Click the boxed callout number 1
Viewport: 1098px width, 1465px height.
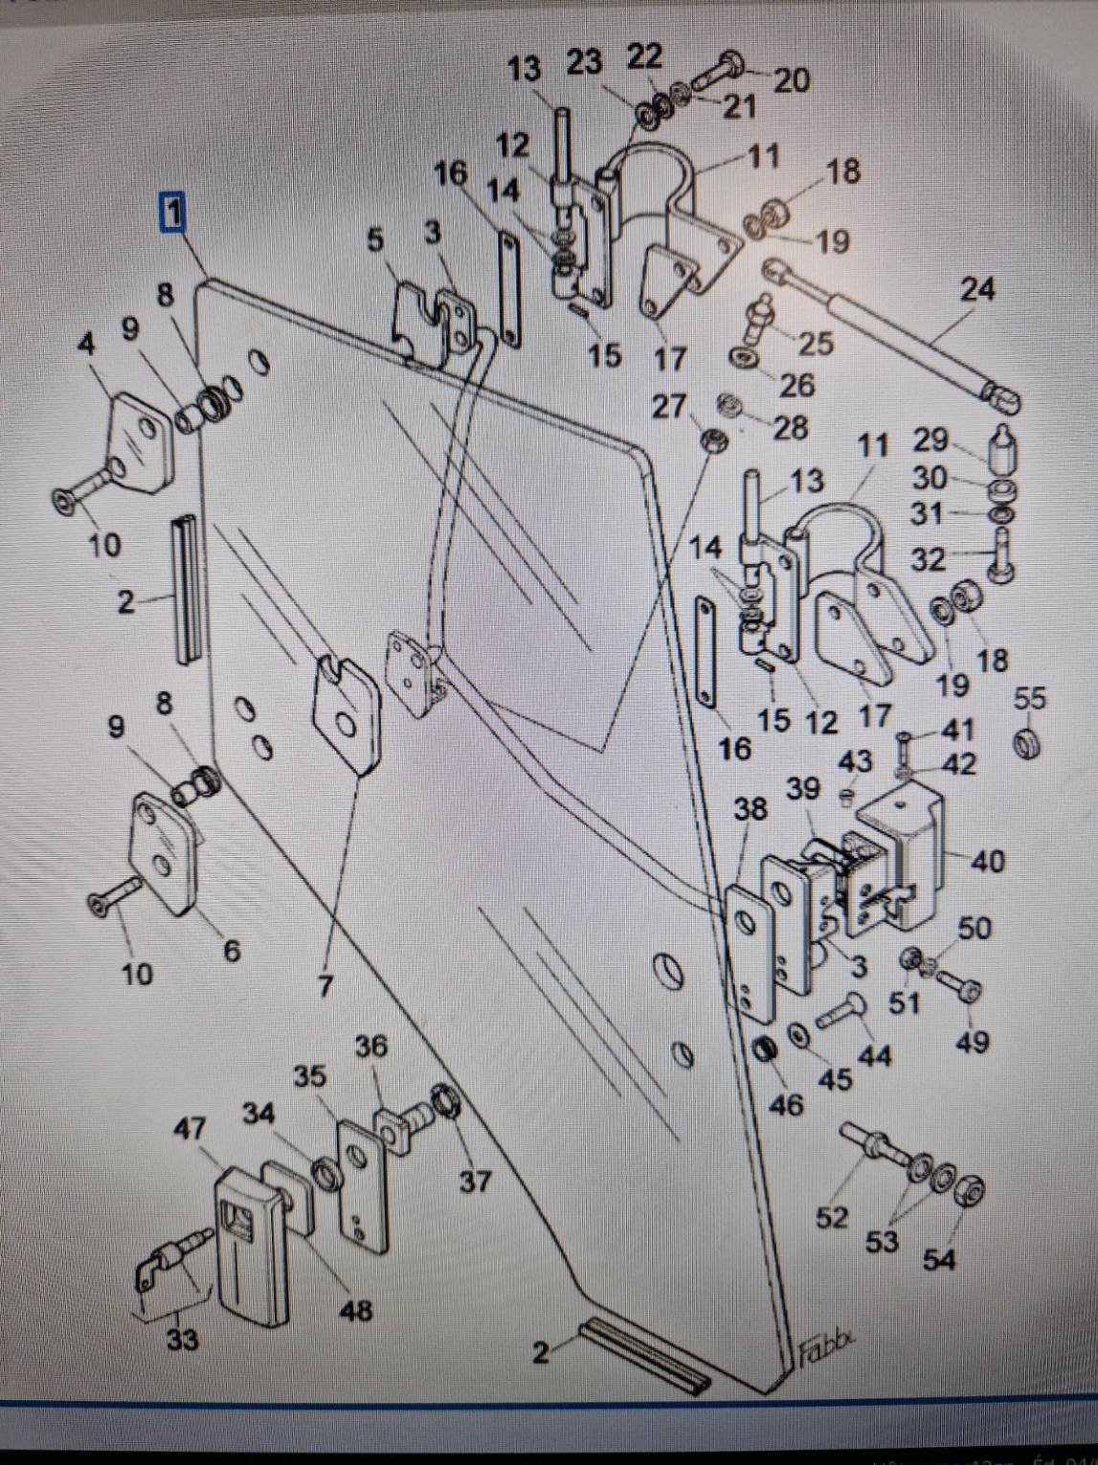click(x=172, y=213)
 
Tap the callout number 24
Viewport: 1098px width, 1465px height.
click(x=976, y=288)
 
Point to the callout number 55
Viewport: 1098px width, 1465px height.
click(x=1030, y=698)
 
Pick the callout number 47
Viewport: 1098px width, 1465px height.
click(x=189, y=1129)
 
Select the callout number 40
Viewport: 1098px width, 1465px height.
click(x=988, y=861)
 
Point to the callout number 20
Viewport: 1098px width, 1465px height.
click(x=791, y=80)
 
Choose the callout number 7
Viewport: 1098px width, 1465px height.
click(x=325, y=985)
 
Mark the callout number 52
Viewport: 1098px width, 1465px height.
click(x=832, y=1217)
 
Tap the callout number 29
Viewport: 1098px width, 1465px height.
click(x=930, y=439)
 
